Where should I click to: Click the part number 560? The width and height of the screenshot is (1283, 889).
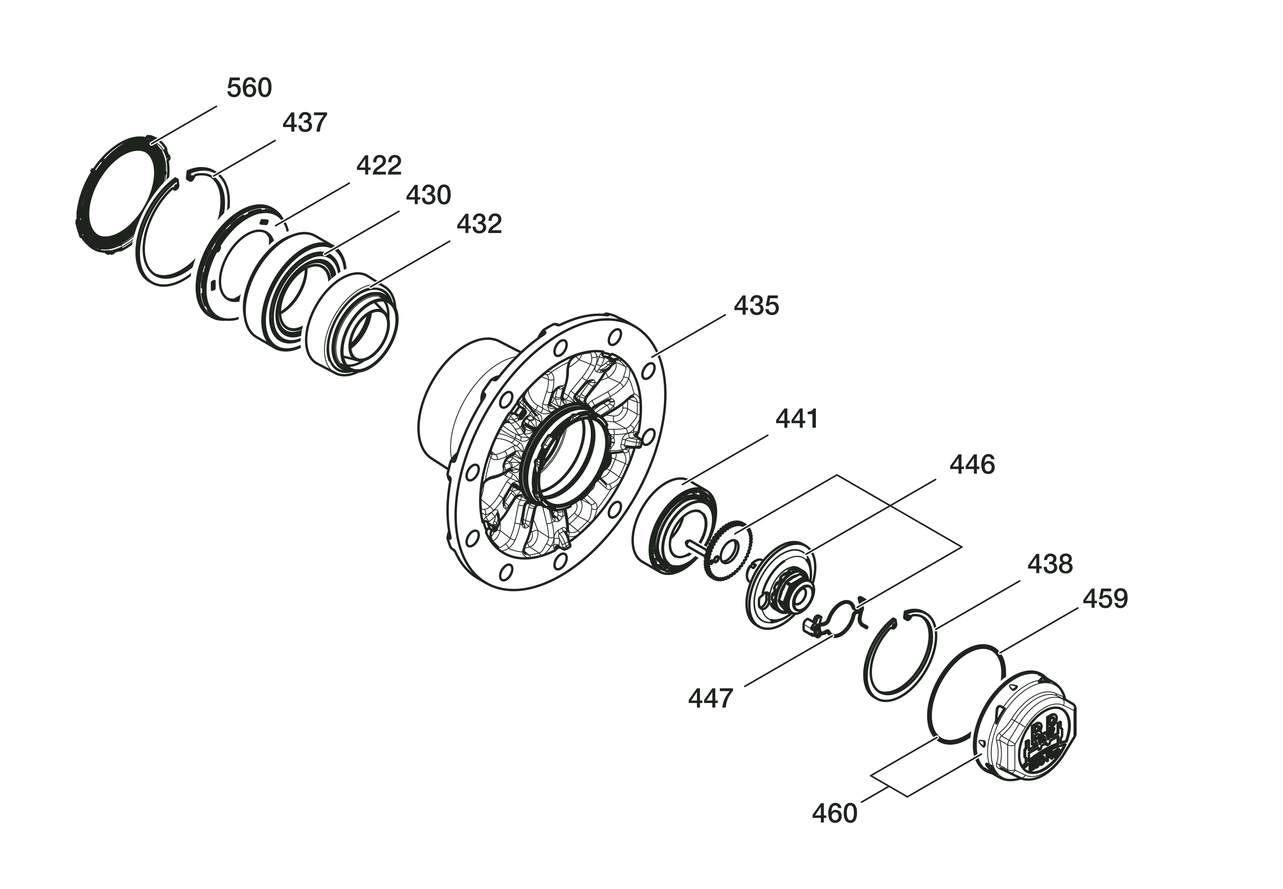click(x=249, y=88)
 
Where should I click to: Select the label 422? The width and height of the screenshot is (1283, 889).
click(x=379, y=165)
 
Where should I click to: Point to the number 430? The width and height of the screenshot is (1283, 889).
click(x=429, y=195)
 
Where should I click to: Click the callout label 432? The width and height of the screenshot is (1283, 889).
click(x=479, y=224)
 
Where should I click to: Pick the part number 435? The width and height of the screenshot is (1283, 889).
click(x=756, y=306)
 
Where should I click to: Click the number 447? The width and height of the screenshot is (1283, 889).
click(x=710, y=698)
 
